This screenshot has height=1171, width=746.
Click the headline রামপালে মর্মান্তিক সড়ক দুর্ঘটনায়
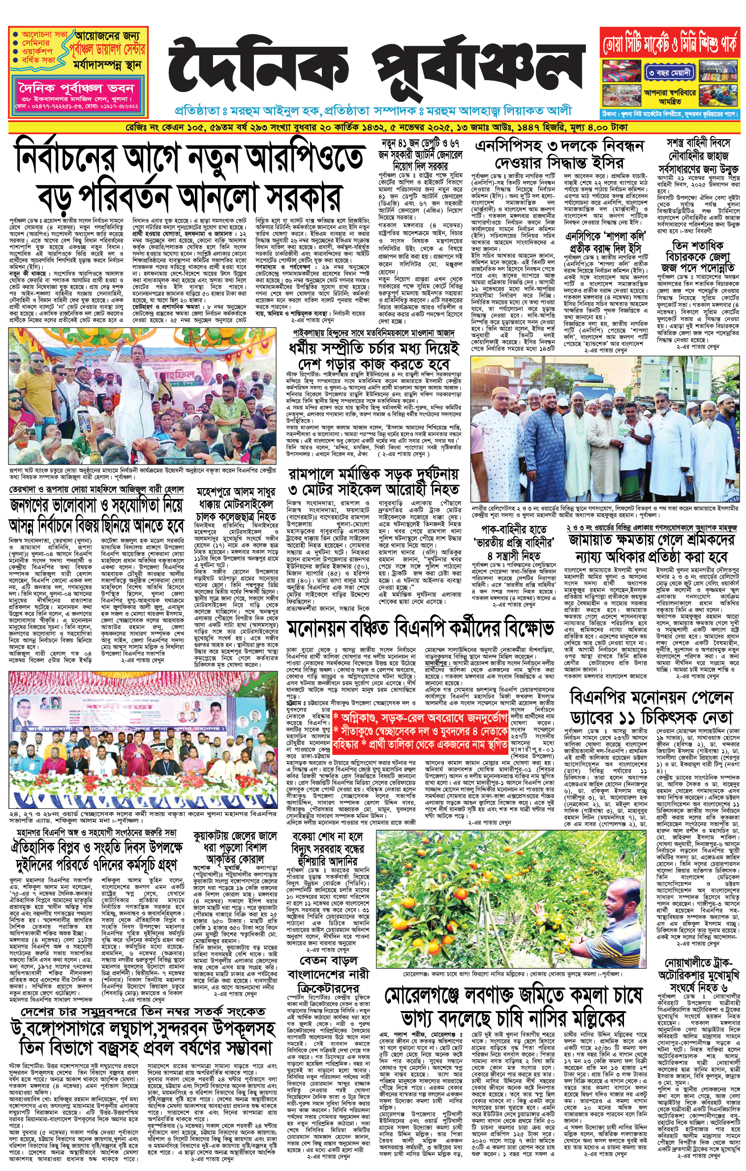click(373, 474)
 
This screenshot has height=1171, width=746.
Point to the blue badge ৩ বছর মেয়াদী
click(669, 73)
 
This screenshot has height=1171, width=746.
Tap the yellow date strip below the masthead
click(374, 127)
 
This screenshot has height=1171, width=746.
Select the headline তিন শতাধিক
click(698, 245)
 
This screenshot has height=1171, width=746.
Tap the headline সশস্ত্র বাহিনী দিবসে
click(698, 143)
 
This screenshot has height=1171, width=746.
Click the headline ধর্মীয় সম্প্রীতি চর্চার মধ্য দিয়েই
click(374, 349)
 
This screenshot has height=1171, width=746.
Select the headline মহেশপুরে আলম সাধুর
click(235, 493)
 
